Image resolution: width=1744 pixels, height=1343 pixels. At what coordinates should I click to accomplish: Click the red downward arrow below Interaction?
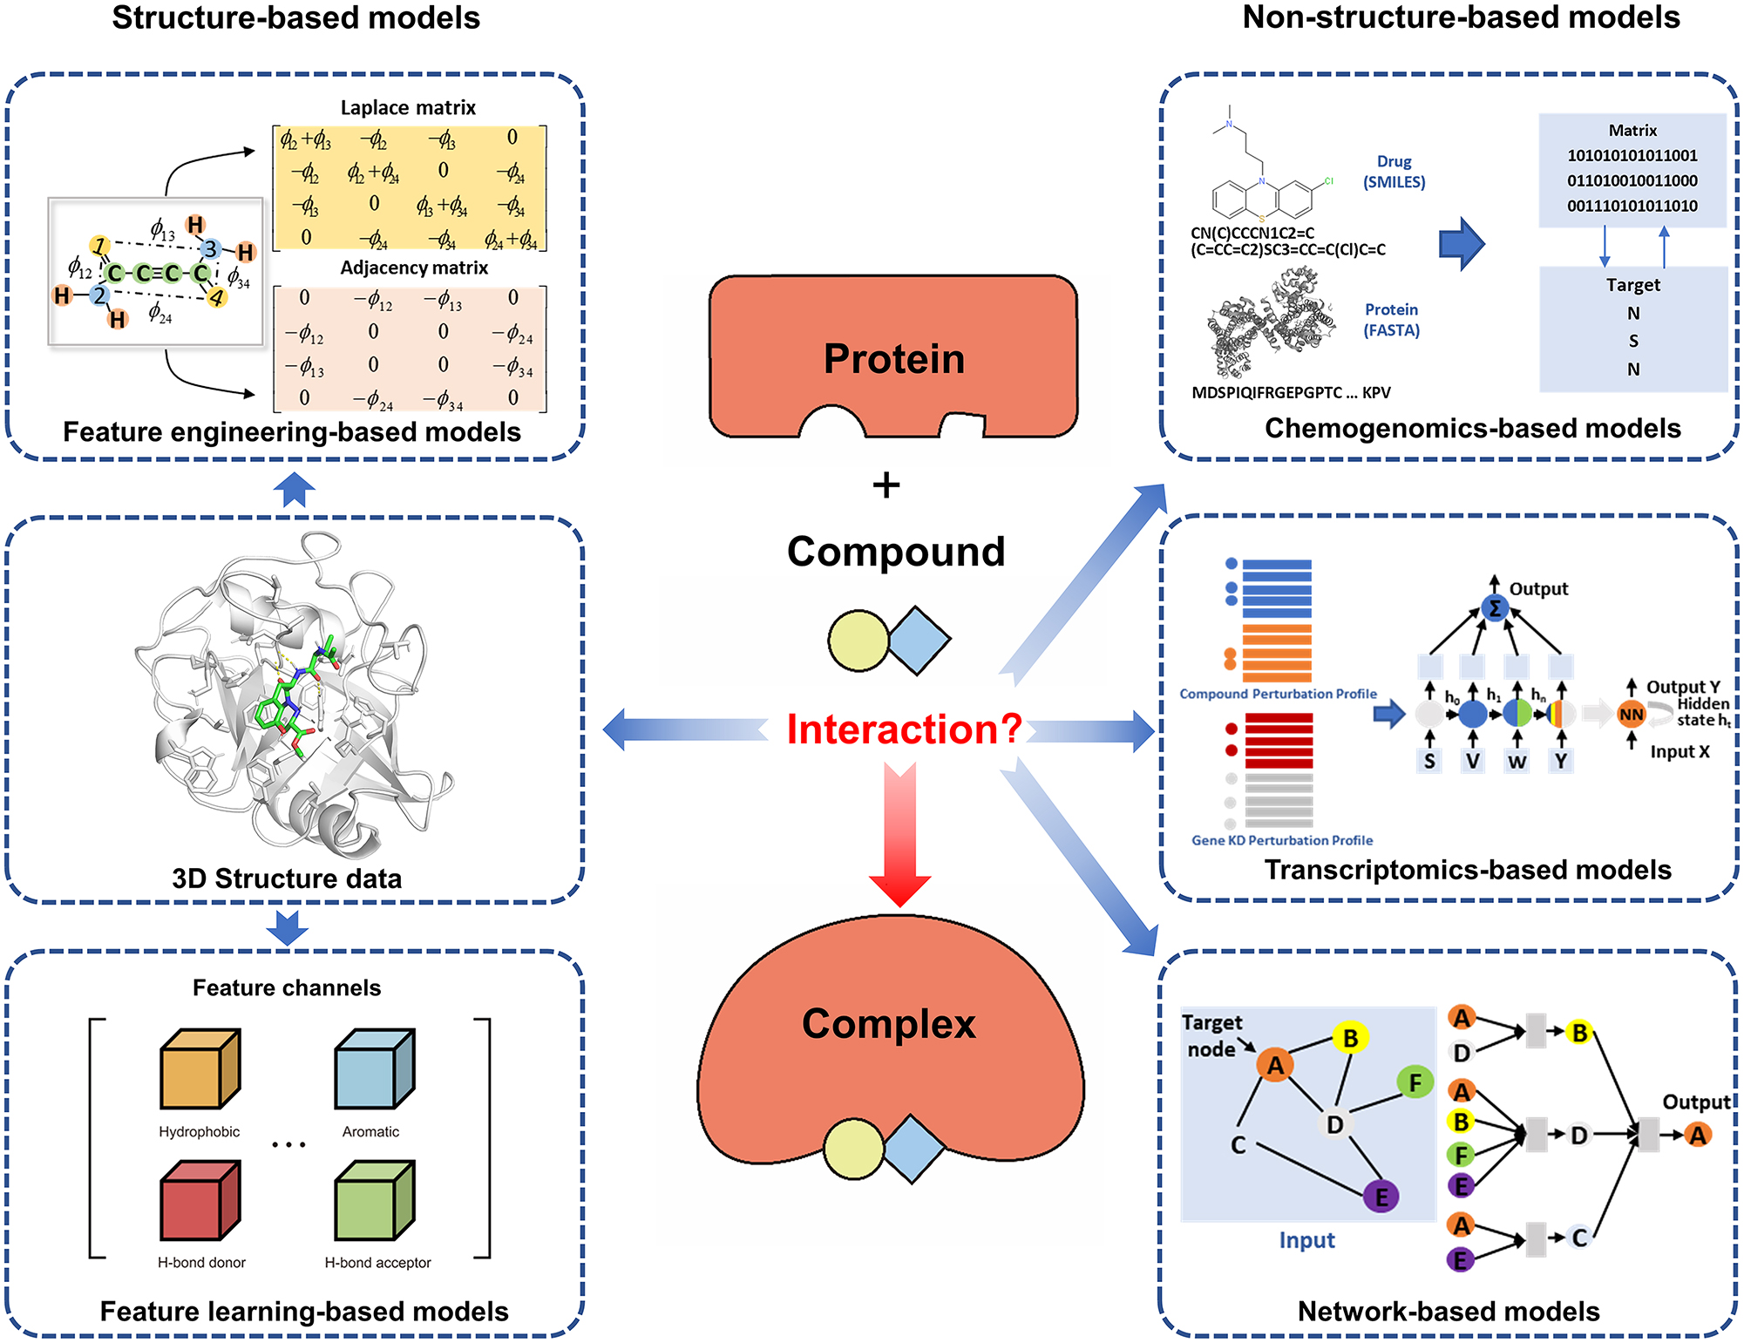pyautogui.click(x=899, y=837)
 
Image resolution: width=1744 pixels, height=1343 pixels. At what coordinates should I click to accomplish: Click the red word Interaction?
pyautogui.click(x=904, y=729)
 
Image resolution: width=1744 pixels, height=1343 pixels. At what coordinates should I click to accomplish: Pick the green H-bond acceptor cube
pyautogui.click(x=374, y=1200)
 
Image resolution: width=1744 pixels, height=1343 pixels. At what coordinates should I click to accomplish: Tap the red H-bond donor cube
pyautogui.click(x=200, y=1200)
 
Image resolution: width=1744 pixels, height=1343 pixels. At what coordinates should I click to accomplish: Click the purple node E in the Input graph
pyautogui.click(x=1381, y=1197)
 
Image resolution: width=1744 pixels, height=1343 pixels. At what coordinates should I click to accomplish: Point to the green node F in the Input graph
pyautogui.click(x=1415, y=1082)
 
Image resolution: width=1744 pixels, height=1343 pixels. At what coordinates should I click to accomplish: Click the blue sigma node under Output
pyautogui.click(x=1494, y=608)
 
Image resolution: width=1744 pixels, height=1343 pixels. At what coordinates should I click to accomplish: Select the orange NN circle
pyautogui.click(x=1631, y=715)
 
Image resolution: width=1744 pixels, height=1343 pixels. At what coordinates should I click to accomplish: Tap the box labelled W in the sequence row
pyautogui.click(x=1517, y=761)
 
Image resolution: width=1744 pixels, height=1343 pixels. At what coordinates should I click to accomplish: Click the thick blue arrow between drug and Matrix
pyautogui.click(x=1461, y=244)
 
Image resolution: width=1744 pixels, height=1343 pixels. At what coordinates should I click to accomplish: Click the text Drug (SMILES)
pyautogui.click(x=1394, y=172)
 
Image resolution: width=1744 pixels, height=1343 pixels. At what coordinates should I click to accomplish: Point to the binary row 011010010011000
pyautogui.click(x=1632, y=180)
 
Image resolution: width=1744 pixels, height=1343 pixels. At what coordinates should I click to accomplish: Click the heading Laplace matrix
pyautogui.click(x=408, y=107)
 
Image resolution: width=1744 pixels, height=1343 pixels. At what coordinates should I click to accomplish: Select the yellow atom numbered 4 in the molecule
pyautogui.click(x=216, y=298)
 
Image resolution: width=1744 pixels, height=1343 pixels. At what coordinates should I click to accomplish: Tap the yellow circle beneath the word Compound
pyautogui.click(x=858, y=641)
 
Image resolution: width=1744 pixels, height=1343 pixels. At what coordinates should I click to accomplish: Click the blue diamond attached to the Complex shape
pyautogui.click(x=913, y=1149)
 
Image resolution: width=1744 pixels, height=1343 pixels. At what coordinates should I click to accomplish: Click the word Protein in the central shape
pyautogui.click(x=894, y=358)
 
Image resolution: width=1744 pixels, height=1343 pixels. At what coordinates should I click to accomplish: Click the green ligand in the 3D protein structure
pyautogui.click(x=292, y=697)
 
